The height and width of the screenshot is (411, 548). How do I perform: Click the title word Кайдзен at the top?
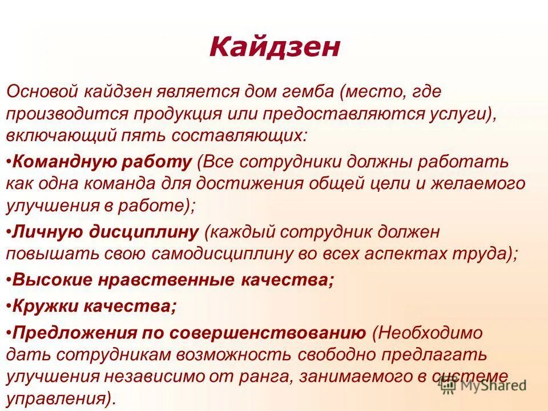pos(274,47)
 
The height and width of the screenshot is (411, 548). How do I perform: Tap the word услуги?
pos(451,113)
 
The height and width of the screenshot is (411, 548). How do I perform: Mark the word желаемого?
pos(466,183)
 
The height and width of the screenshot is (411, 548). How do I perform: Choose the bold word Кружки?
pos(44,307)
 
